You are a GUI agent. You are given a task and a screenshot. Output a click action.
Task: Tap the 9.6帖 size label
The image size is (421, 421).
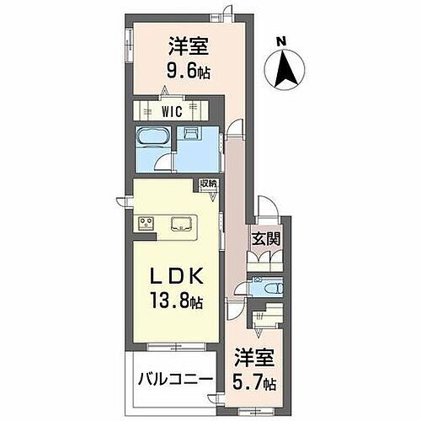click(187, 71)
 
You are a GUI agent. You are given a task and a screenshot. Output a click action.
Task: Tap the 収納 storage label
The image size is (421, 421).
click(208, 184)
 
